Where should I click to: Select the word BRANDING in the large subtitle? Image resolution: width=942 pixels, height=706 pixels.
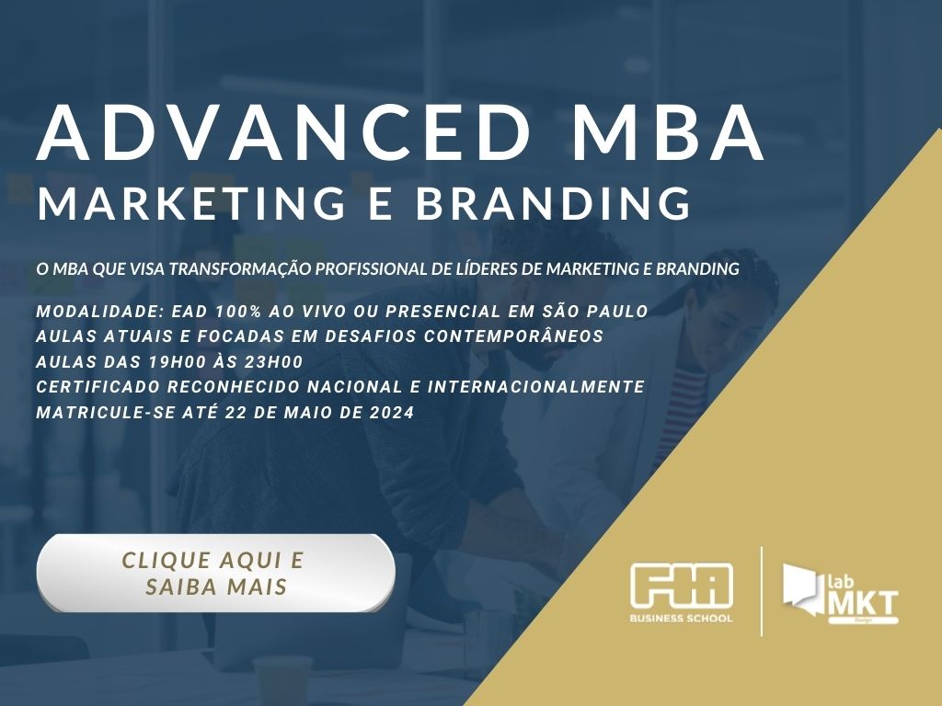click(553, 202)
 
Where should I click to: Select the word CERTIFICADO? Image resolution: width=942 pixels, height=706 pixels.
click(100, 387)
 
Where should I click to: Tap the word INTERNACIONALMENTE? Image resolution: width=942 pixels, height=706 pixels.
click(540, 387)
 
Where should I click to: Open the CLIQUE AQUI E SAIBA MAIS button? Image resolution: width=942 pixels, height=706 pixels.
click(215, 573)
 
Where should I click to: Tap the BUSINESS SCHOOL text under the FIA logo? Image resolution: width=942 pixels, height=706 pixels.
click(682, 619)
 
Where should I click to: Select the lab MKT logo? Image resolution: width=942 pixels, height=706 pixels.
click(840, 594)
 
